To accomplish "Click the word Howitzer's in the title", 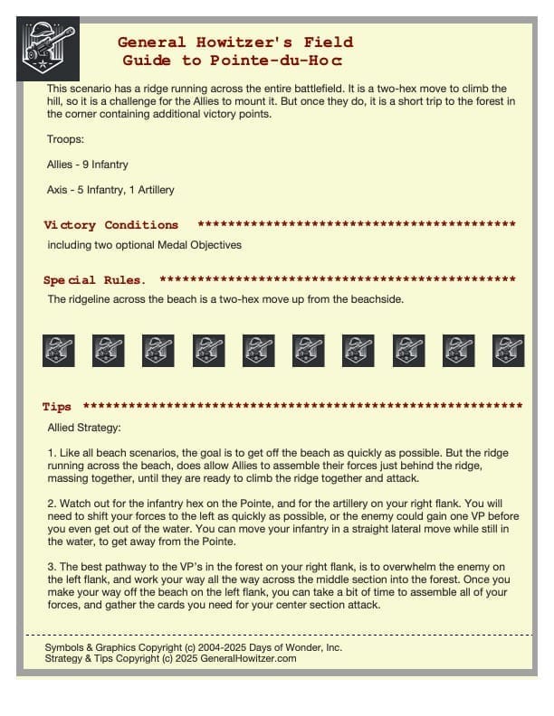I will coord(227,42).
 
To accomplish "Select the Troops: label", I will coord(66,139).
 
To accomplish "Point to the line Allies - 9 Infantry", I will coord(87,165).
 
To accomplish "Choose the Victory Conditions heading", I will coord(110,224).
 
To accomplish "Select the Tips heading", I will coord(57,407).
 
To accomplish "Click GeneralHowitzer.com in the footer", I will coord(244,659).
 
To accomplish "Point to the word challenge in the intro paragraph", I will coord(206,101).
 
